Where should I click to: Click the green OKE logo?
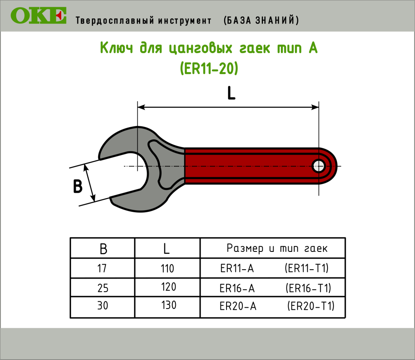pyautogui.click(x=39, y=16)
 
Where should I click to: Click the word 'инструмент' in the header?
pyautogui.click(x=185, y=21)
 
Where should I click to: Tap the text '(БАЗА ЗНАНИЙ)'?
pyautogui.click(x=261, y=20)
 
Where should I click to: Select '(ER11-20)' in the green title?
pyautogui.click(x=209, y=68)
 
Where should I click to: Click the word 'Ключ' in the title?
pyautogui.click(x=116, y=48)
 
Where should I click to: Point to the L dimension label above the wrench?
pyautogui.click(x=231, y=93)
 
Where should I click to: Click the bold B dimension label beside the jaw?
pyautogui.click(x=77, y=186)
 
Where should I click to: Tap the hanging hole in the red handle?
pyautogui.click(x=319, y=166)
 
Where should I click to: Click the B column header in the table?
pyautogui.click(x=103, y=249)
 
